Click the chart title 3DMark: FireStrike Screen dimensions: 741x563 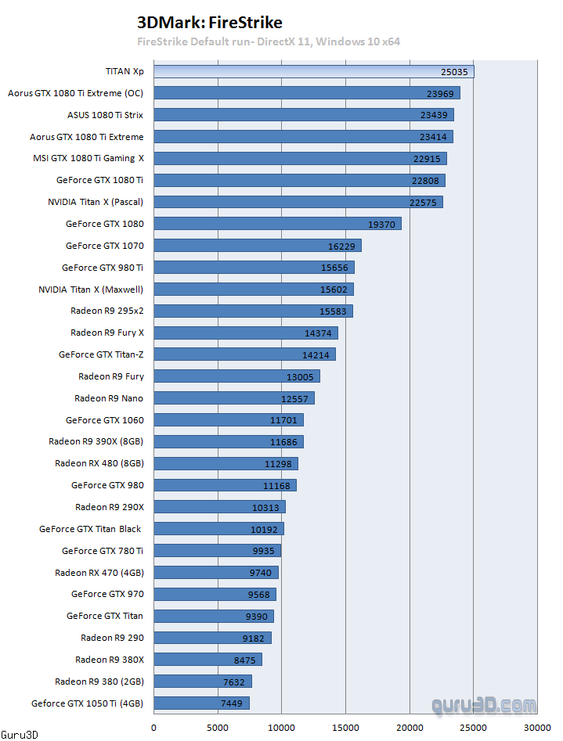[x=209, y=22]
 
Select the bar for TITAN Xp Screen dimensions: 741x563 [x=313, y=71]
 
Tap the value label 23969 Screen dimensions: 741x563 [x=440, y=93]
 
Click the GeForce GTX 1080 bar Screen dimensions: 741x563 [x=277, y=224]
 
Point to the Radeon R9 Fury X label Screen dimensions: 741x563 [x=107, y=333]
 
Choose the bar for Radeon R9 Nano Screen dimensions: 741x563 [x=233, y=398]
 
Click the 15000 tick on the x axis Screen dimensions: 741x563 [x=345, y=727]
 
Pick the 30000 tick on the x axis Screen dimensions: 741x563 [x=536, y=727]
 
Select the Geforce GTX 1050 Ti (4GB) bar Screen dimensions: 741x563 [x=201, y=703]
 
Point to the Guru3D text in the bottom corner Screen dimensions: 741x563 [x=19, y=735]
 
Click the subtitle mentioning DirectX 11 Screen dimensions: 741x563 [x=269, y=41]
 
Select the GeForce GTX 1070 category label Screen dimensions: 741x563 [x=105, y=246]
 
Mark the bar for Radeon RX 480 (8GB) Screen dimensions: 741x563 [x=226, y=463]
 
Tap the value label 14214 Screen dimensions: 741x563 [x=316, y=354]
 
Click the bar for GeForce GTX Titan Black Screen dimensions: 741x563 [x=218, y=529]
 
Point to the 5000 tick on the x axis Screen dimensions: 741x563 [x=218, y=727]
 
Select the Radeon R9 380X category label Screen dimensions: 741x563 [x=110, y=660]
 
